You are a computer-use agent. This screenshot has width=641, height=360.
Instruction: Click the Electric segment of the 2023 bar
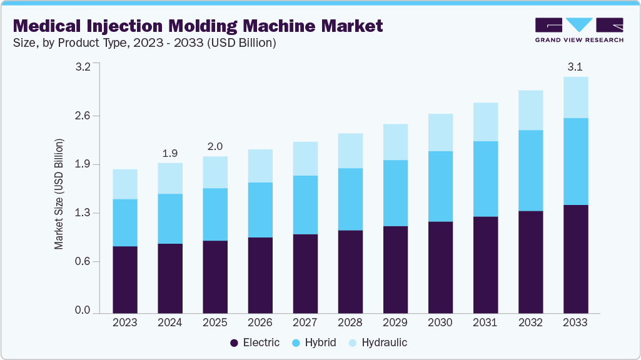pyautogui.click(x=125, y=279)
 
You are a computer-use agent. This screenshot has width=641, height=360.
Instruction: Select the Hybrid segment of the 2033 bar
pyautogui.click(x=575, y=161)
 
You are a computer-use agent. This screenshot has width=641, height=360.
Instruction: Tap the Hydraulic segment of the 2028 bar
pyautogui.click(x=350, y=151)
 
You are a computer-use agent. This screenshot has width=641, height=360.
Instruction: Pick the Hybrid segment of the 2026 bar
pyautogui.click(x=260, y=210)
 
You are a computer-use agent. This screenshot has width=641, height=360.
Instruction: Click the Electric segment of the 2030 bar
pyautogui.click(x=440, y=267)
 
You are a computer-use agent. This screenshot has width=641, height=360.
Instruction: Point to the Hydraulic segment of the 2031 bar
pyautogui.click(x=485, y=122)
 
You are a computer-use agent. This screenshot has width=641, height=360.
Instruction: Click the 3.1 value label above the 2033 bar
pyautogui.click(x=575, y=67)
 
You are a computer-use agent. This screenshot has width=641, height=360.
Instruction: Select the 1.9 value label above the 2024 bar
pyautogui.click(x=170, y=152)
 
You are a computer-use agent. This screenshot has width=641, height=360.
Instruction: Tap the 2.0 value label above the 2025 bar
pyautogui.click(x=215, y=146)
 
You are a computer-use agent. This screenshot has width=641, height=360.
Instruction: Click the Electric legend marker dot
pyautogui.click(x=235, y=342)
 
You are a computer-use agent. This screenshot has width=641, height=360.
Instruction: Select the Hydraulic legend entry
pyautogui.click(x=378, y=342)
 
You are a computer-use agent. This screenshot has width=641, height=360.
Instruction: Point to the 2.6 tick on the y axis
pyautogui.click(x=83, y=116)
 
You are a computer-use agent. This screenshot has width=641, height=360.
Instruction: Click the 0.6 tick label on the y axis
pyautogui.click(x=83, y=261)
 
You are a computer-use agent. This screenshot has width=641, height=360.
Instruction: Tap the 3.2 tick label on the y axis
pyautogui.click(x=83, y=67)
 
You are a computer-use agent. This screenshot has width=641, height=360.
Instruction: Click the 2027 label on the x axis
pyautogui.click(x=305, y=322)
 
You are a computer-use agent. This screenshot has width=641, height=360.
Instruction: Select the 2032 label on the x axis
pyautogui.click(x=530, y=322)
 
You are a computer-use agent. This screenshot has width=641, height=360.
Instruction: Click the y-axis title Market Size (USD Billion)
pyautogui.click(x=59, y=194)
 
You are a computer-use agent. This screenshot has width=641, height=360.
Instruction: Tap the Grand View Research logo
pyautogui.click(x=579, y=30)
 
